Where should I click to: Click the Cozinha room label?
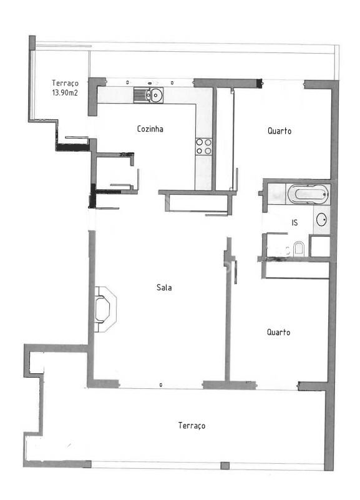pyautogui.click(x=150, y=129)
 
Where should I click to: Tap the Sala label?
pyautogui.click(x=164, y=287)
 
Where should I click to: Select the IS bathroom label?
pyautogui.click(x=294, y=223)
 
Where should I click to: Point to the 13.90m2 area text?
pyautogui.click(x=65, y=93)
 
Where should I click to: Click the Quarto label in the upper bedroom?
pyautogui.click(x=280, y=130)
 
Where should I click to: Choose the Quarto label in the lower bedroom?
pyautogui.click(x=278, y=332)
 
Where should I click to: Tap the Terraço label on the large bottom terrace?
pyautogui.click(x=192, y=425)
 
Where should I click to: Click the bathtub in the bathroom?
pyautogui.click(x=308, y=194)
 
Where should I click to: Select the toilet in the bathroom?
pyautogui.click(x=299, y=248)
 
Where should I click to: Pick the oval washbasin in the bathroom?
pyautogui.click(x=321, y=220)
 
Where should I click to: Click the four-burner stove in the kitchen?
pyautogui.click(x=203, y=146)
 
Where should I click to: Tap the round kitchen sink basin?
pyautogui.click(x=156, y=95)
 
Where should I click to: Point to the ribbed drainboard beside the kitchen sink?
pyautogui.click(x=139, y=95)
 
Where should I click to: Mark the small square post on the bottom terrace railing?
pyautogui.click(x=225, y=466)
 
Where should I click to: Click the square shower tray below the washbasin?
pyautogui.click(x=320, y=246)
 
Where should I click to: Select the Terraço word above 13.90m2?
pyautogui.click(x=65, y=83)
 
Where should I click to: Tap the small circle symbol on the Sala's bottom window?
pyautogui.click(x=161, y=385)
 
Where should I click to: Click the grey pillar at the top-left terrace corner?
pyautogui.click(x=32, y=42)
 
